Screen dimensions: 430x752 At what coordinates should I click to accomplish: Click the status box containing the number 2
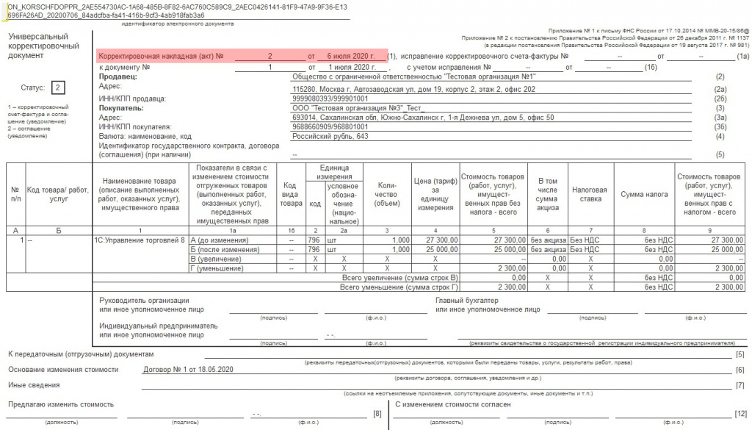[x=58, y=87]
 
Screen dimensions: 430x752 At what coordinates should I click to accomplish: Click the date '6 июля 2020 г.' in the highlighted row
[x=346, y=56]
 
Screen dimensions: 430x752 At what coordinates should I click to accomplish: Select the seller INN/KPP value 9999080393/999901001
[x=330, y=98]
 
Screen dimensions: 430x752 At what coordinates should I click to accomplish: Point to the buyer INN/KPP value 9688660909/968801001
[x=330, y=126]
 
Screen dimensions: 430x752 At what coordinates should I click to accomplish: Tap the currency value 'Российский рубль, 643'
[x=330, y=136]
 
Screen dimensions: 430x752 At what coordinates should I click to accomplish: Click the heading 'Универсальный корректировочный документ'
[x=38, y=46]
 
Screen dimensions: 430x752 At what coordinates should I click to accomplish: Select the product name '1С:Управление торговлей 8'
[x=140, y=240]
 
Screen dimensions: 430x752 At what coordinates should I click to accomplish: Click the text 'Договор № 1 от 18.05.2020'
[x=188, y=369]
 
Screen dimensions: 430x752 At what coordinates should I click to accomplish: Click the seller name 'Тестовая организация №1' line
[x=413, y=76]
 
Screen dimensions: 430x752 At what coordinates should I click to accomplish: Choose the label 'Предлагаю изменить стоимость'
[x=61, y=404]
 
